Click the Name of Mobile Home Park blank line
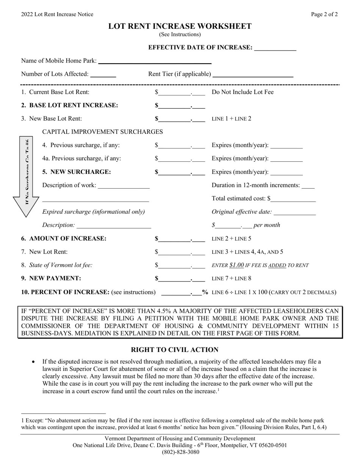tap(154, 62)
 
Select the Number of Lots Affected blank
tap(103, 75)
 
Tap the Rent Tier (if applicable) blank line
tap(253, 75)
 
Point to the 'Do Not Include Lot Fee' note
tap(243, 92)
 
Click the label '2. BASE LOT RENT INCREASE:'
tap(70, 105)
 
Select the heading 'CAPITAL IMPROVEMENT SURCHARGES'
tap(103, 132)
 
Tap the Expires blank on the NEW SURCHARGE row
tap(287, 173)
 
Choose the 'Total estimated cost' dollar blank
tap(293, 200)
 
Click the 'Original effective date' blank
tap(294, 213)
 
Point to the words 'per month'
tap(267, 225)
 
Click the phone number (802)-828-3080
tap(180, 452)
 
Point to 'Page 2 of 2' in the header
tap(324, 14)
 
